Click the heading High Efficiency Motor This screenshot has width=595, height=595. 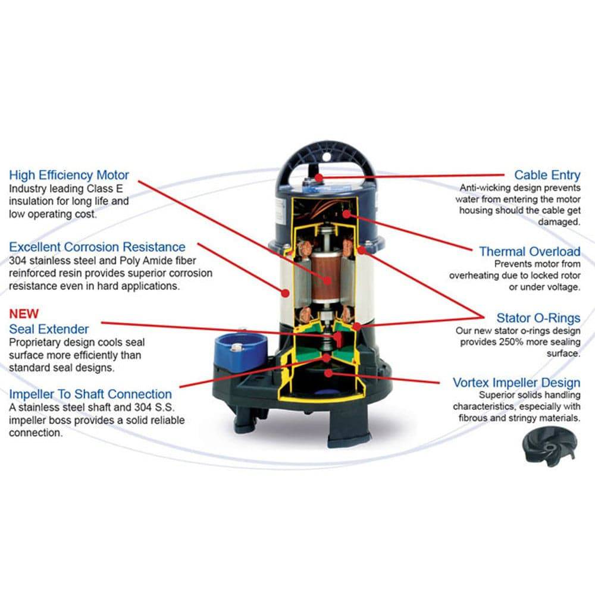pyautogui.click(x=68, y=175)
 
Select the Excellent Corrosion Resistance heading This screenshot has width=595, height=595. pyautogui.click(x=97, y=246)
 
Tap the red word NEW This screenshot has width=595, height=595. pyautogui.click(x=23, y=314)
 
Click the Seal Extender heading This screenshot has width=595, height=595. pyautogui.click(x=49, y=329)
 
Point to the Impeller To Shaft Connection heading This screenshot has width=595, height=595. pyautogui.click(x=90, y=394)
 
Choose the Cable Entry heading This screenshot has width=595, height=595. pyautogui.click(x=547, y=175)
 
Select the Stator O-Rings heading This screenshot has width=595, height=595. pyautogui.click(x=538, y=318)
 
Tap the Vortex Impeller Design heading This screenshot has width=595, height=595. pyautogui.click(x=516, y=382)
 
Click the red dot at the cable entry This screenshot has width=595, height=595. pyautogui.click(x=320, y=177)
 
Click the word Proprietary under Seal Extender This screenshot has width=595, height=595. pyautogui.click(x=35, y=343)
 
